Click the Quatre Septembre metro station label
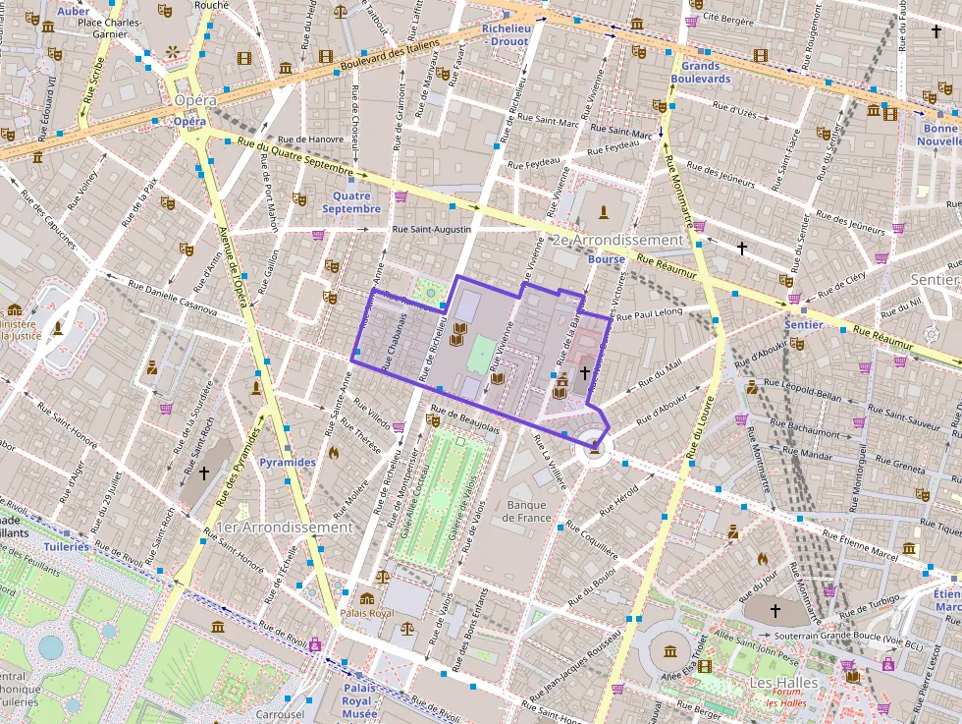pyautogui.click(x=350, y=202)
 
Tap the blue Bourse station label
pyautogui.click(x=606, y=259)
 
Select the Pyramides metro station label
pyautogui.click(x=288, y=462)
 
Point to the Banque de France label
pyautogui.click(x=526, y=512)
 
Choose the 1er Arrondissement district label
pyautogui.click(x=285, y=528)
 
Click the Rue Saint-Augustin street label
pyautogui.click(x=431, y=229)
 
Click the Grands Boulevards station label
pyautogui.click(x=701, y=72)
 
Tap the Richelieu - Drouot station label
pyautogui.click(x=507, y=35)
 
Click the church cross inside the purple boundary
pyautogui.click(x=585, y=372)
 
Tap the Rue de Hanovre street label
pyautogui.click(x=311, y=139)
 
